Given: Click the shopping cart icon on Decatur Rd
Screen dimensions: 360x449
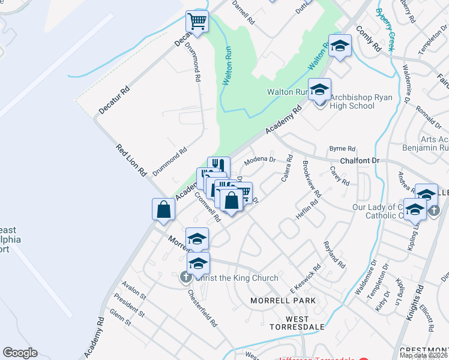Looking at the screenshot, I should pyautogui.click(x=197, y=22).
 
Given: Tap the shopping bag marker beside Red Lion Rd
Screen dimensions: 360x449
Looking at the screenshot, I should pyautogui.click(x=163, y=210).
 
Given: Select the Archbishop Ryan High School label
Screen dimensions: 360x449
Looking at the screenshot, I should pyautogui.click(x=352, y=101).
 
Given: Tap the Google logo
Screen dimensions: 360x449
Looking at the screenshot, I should pyautogui.click(x=20, y=352).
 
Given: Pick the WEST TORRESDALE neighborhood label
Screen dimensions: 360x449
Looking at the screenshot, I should pyautogui.click(x=297, y=323).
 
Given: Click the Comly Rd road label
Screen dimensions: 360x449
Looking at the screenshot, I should pyautogui.click(x=369, y=38).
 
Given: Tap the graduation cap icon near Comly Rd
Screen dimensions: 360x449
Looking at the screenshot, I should pyautogui.click(x=340, y=46).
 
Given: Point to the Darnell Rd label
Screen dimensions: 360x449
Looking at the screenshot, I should pyautogui.click(x=244, y=11).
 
